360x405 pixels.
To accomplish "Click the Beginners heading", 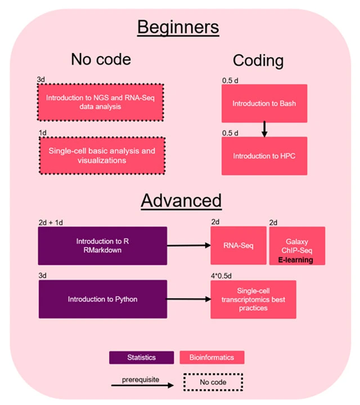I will click(x=178, y=26).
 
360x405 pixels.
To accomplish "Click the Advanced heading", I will click(x=181, y=200).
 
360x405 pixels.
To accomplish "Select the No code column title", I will click(x=101, y=60).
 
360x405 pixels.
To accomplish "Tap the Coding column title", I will click(x=259, y=60).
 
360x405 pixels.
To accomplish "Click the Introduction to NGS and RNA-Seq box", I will click(x=100, y=102).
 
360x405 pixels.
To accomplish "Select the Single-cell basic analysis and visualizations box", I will click(x=100, y=155).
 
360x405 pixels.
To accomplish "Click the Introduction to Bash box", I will click(x=264, y=103).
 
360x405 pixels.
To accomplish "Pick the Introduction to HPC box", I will click(x=264, y=156).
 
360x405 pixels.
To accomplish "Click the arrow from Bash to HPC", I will click(x=264, y=129).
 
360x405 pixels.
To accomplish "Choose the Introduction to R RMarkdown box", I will click(x=103, y=245).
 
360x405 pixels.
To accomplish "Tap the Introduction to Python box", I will click(x=103, y=299).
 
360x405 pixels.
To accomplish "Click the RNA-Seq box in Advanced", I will click(x=237, y=246).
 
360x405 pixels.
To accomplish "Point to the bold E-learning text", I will click(x=295, y=260).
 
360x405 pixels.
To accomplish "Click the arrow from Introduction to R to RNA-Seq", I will click(x=188, y=246).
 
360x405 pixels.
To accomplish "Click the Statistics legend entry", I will click(x=141, y=357).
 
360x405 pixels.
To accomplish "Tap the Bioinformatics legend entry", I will click(x=211, y=357).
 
